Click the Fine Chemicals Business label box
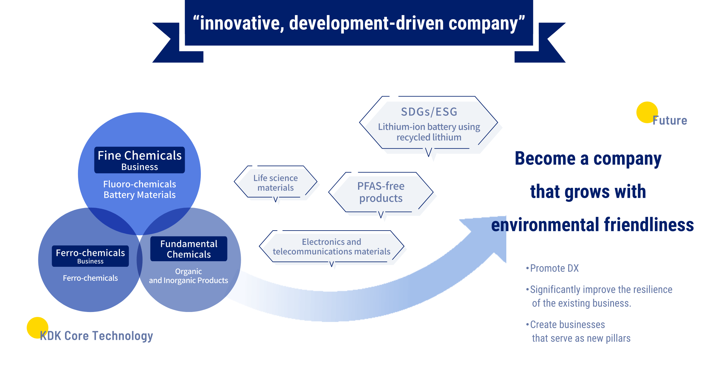pyautogui.click(x=140, y=160)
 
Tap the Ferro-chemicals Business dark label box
pyautogui.click(x=90, y=256)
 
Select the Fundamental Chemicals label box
pyautogui.click(x=189, y=249)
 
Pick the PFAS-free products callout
pyautogui.click(x=381, y=193)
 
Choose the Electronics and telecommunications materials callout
pyautogui.click(x=331, y=247)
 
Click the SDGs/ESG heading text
pyautogui.click(x=429, y=112)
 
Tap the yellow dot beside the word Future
pyautogui.click(x=647, y=112)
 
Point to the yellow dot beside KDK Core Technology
pyautogui.click(x=37, y=327)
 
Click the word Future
pyautogui.click(x=670, y=120)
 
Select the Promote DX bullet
pyautogui.click(x=552, y=268)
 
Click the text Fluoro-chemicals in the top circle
pyautogui.click(x=140, y=184)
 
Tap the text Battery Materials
pyautogui.click(x=140, y=195)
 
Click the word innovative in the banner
pyautogui.click(x=240, y=23)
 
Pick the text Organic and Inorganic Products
pyautogui.click(x=188, y=276)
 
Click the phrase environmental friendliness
pyautogui.click(x=592, y=225)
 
